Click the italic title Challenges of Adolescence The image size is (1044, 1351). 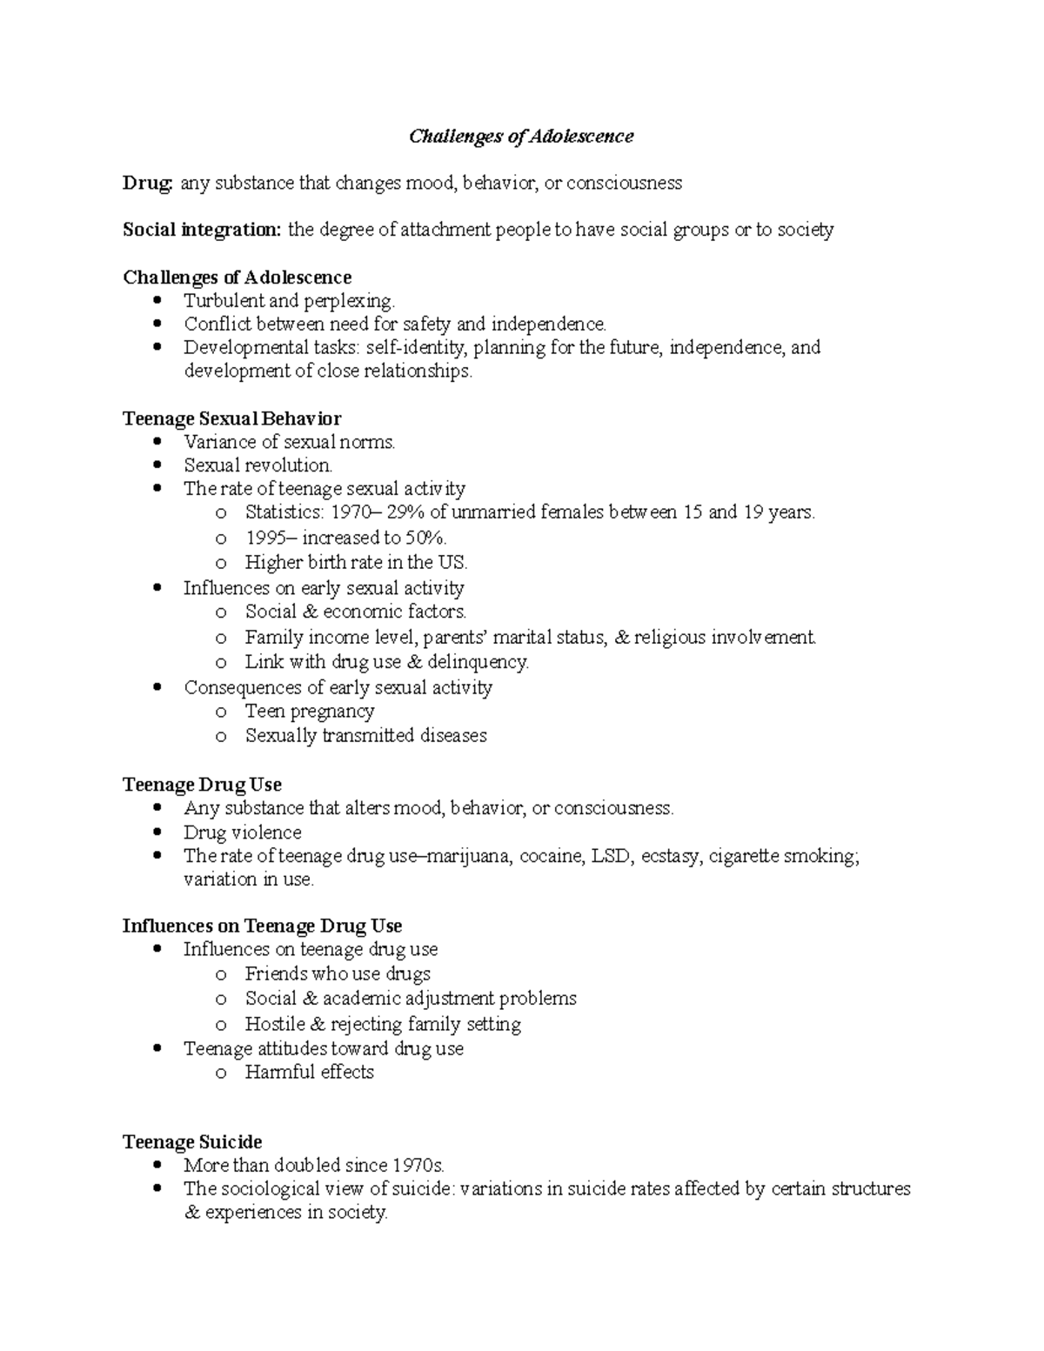(x=521, y=137)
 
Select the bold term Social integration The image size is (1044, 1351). (x=202, y=231)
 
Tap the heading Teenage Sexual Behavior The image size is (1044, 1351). (x=231, y=418)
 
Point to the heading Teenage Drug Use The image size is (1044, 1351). (x=202, y=785)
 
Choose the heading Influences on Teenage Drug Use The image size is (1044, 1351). (x=262, y=926)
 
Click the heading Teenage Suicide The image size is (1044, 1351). (x=192, y=1142)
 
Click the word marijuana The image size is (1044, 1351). (x=470, y=856)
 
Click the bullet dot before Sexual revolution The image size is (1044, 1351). (x=157, y=465)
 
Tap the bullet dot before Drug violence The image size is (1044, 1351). (x=157, y=833)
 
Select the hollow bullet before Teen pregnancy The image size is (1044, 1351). (x=221, y=712)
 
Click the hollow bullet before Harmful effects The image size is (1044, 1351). (x=221, y=1073)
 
